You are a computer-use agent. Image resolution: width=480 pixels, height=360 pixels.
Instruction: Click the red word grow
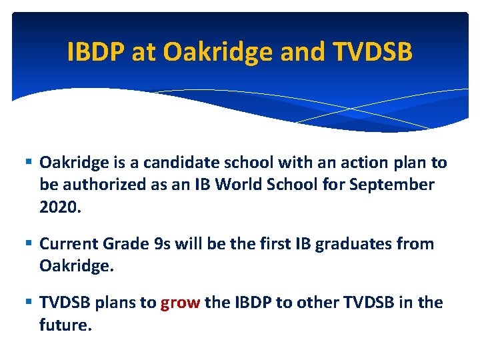(x=180, y=303)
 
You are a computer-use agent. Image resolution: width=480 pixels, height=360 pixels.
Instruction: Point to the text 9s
(x=164, y=244)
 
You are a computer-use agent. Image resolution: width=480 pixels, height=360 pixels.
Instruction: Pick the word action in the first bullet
(x=345, y=163)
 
